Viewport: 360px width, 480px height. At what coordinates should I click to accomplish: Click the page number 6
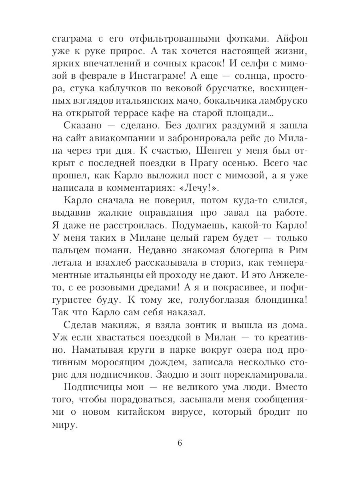coord(180,443)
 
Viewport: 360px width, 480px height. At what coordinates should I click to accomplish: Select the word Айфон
coord(290,39)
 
